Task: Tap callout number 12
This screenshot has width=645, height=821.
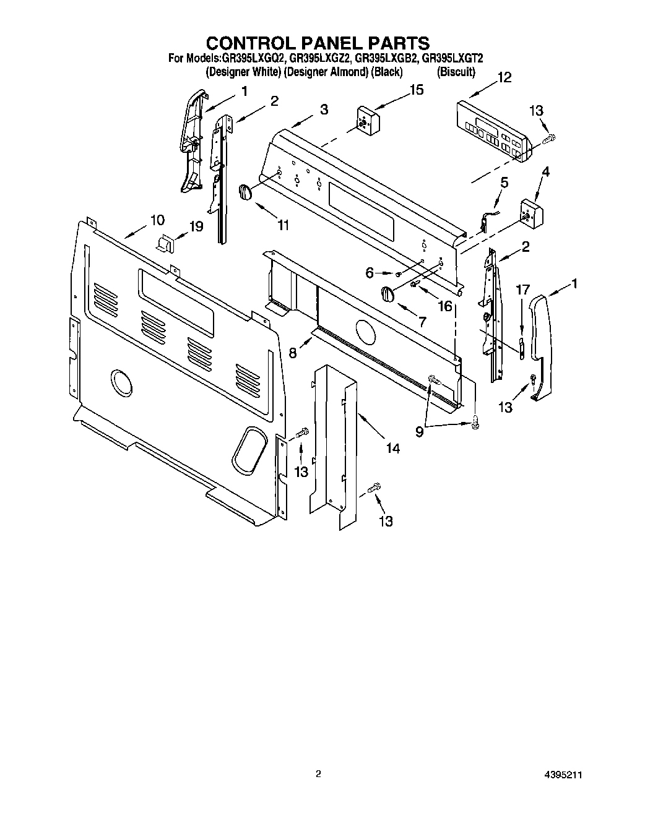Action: click(x=504, y=77)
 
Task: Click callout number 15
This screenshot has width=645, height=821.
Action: click(x=417, y=90)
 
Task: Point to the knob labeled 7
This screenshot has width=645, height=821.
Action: click(x=387, y=294)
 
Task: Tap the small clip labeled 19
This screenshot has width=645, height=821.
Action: click(x=166, y=243)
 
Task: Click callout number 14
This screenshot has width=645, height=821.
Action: click(x=392, y=449)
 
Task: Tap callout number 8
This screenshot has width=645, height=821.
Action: click(x=292, y=352)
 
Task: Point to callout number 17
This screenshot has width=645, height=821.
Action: click(x=523, y=289)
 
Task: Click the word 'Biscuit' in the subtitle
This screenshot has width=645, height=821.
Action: click(x=456, y=72)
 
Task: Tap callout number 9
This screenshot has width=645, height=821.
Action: click(x=420, y=432)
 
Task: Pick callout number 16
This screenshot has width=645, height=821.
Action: click(x=444, y=306)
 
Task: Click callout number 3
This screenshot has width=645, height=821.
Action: click(x=324, y=110)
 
